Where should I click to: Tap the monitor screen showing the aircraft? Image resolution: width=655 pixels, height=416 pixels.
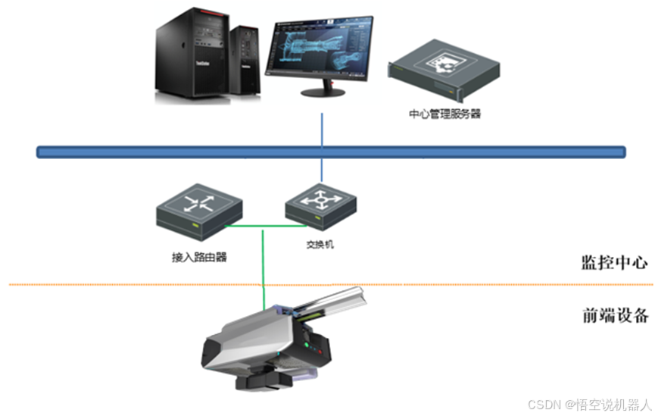[x=322, y=48]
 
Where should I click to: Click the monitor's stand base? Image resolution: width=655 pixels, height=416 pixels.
[x=324, y=92]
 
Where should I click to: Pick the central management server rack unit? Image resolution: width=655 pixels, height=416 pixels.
[x=444, y=72]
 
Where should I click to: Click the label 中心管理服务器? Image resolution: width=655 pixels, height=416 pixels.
[x=444, y=114]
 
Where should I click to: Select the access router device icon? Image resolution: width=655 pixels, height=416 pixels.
[x=199, y=209]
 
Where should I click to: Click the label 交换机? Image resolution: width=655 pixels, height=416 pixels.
[x=320, y=245]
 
